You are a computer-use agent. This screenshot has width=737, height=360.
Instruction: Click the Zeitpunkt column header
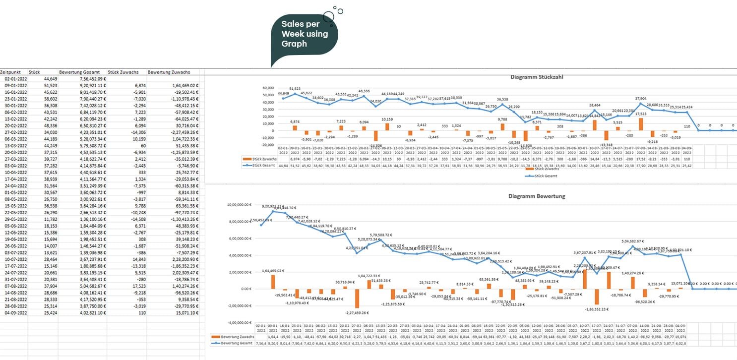coord(10,72)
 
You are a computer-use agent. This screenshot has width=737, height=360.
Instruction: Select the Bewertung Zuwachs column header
coord(169,72)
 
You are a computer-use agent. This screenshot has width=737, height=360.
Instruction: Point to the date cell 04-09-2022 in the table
coord(15,313)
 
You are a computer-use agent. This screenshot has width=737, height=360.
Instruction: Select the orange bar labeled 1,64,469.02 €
coord(273,282)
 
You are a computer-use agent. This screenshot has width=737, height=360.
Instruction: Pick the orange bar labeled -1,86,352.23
coord(596,297)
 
